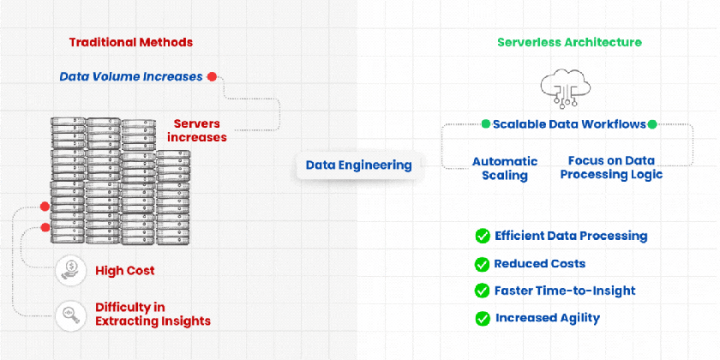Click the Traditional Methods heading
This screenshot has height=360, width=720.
click(x=130, y=42)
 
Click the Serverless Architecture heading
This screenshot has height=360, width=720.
click(x=569, y=42)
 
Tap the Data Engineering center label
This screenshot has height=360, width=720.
click(x=358, y=165)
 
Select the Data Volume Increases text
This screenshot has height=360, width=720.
click(x=131, y=76)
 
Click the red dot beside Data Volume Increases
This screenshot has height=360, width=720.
click(x=212, y=76)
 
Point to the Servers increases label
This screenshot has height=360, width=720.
click(x=197, y=129)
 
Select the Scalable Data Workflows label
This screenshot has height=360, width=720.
click(x=569, y=124)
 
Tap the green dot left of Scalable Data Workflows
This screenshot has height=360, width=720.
click(x=486, y=124)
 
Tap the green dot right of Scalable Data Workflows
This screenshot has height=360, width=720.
click(x=652, y=124)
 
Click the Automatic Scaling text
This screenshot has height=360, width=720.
click(x=505, y=168)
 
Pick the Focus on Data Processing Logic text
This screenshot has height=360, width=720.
click(x=611, y=168)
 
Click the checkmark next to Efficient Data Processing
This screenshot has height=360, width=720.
click(x=482, y=237)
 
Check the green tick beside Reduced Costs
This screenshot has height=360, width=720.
click(x=482, y=264)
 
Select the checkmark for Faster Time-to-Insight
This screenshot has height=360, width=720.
click(x=482, y=291)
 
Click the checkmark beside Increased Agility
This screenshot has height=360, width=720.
click(x=482, y=318)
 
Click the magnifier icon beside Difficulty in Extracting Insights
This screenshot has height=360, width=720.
click(x=69, y=315)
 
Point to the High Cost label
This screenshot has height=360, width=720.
click(x=125, y=271)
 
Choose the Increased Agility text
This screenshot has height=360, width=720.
click(x=548, y=318)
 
